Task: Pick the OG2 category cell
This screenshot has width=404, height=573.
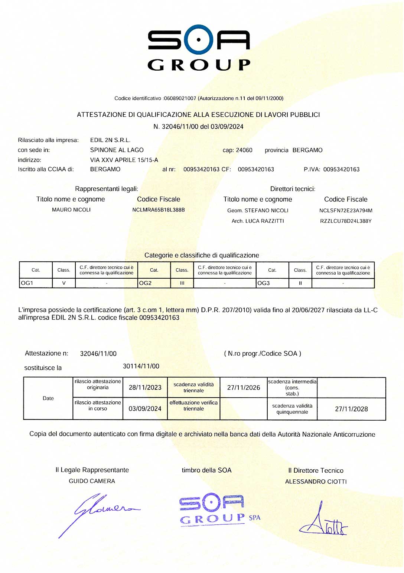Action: coord(154,283)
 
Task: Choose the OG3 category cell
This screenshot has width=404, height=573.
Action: coord(272,283)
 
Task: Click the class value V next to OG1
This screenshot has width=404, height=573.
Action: coord(64,283)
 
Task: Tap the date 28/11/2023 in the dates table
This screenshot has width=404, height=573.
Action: coord(145,388)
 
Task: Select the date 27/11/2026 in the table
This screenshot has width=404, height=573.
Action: coord(244,388)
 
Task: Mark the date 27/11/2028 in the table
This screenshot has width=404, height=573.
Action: coord(351,409)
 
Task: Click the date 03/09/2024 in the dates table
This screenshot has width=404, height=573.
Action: coord(145,409)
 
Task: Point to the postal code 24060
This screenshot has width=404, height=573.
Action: coord(244,150)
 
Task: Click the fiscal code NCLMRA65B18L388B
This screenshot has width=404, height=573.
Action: coord(159,210)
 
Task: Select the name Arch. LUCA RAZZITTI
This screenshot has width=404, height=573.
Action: coord(258,221)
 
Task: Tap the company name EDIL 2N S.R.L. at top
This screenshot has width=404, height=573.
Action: coord(110,140)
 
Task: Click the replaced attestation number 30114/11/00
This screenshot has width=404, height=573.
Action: coord(141,366)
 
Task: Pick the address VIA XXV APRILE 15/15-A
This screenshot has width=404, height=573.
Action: coord(124,160)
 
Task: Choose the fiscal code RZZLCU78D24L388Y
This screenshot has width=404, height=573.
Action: coord(346,221)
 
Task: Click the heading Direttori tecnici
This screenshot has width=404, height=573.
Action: coord(293,189)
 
